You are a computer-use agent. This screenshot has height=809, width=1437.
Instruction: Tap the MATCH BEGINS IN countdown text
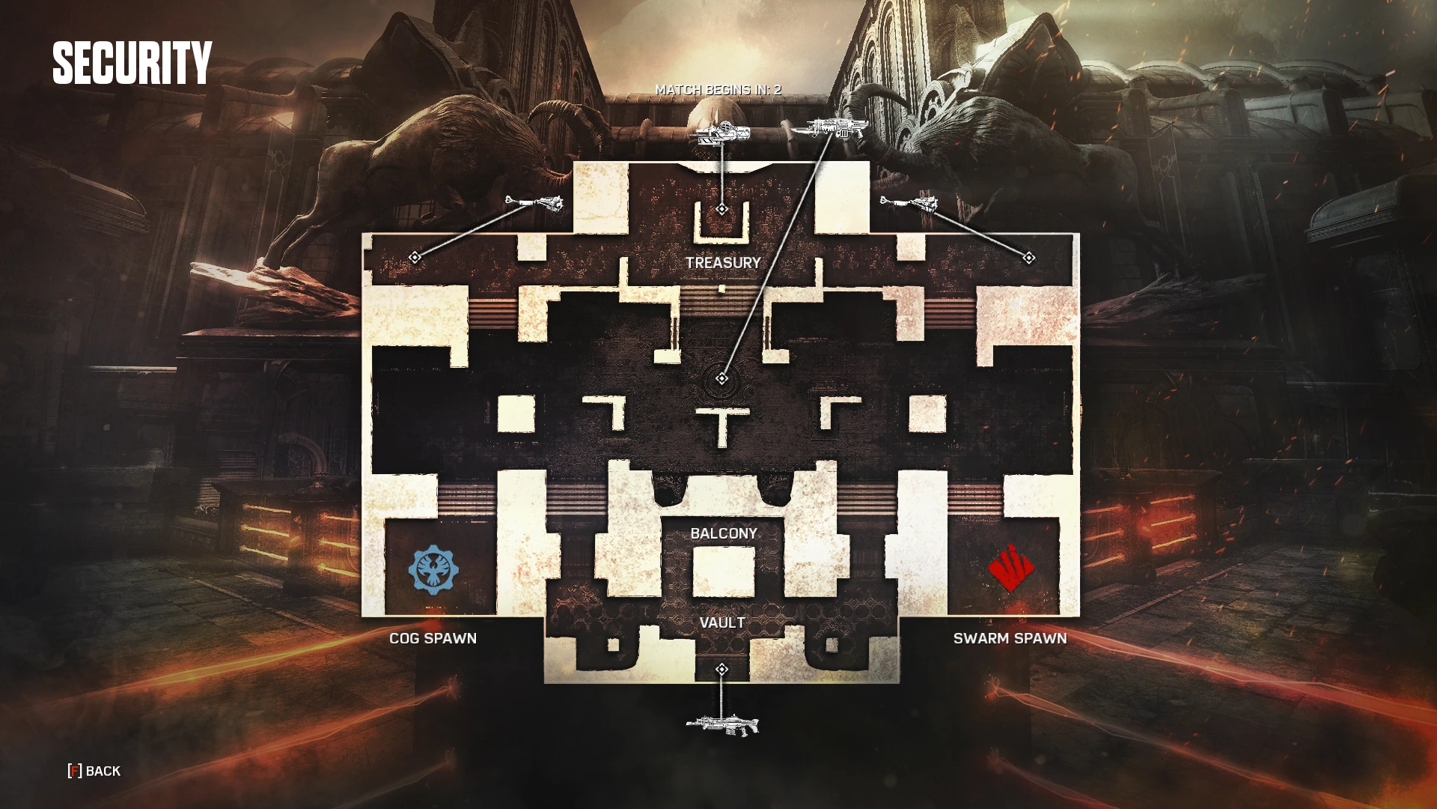[x=718, y=90]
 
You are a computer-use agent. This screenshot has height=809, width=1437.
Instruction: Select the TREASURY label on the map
[x=723, y=263]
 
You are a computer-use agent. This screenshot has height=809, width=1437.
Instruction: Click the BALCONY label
[x=724, y=533]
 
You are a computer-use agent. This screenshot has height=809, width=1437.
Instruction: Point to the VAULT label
[x=722, y=622]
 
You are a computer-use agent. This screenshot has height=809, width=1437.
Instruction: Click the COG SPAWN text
[x=433, y=638]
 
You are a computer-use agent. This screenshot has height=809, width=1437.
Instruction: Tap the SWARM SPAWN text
[x=1010, y=638]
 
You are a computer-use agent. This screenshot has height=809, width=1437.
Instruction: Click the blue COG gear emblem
[x=433, y=570]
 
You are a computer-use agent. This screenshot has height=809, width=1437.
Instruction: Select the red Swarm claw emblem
[x=1010, y=569]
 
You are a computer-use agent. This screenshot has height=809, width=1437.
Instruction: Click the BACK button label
[x=103, y=771]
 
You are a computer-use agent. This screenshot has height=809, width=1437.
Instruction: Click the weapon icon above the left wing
[x=534, y=203]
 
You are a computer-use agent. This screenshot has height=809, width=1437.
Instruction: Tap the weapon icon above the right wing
[x=909, y=203]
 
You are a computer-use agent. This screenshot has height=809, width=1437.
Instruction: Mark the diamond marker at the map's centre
[x=721, y=379]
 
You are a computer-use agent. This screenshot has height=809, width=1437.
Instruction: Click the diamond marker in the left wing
[x=415, y=258]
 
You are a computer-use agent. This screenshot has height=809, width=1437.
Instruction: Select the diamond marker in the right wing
[x=1029, y=258]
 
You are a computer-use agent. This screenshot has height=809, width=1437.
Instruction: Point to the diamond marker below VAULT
[x=721, y=669]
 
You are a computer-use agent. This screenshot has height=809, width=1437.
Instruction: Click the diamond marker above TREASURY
[x=721, y=209]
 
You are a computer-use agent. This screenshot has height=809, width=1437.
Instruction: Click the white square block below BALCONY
[x=723, y=572]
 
